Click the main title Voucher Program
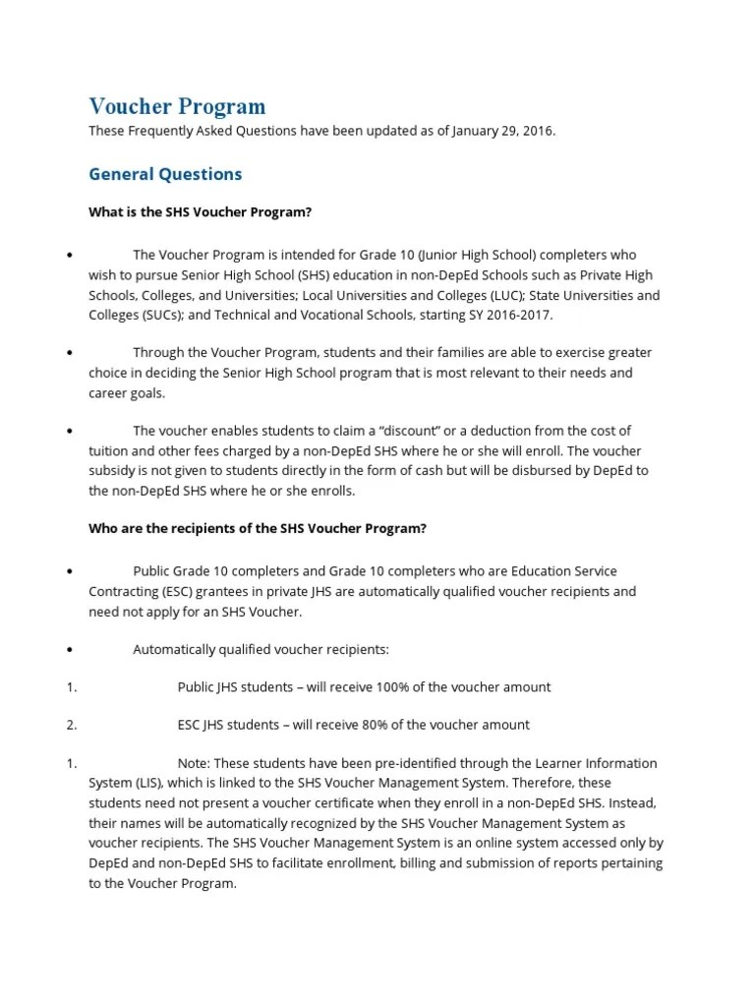[x=177, y=106]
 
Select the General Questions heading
[x=165, y=174]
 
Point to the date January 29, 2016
[x=503, y=130]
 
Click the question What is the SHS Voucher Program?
[x=201, y=212]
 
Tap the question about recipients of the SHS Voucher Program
[x=258, y=528]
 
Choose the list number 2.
[x=71, y=725]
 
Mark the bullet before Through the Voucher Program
[x=71, y=353]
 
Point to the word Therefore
[x=552, y=783]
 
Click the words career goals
[x=127, y=392]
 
